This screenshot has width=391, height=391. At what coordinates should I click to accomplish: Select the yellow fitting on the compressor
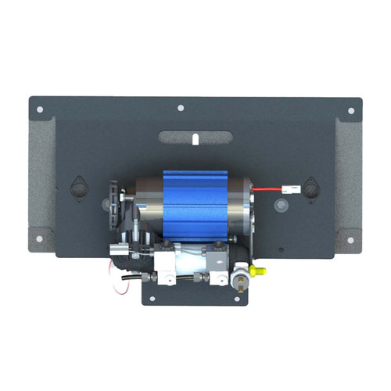point(260,271)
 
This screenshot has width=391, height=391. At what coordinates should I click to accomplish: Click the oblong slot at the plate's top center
point(195,138)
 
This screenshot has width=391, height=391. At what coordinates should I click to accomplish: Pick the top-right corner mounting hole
point(350,111)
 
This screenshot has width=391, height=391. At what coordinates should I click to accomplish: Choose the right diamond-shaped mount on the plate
point(311,188)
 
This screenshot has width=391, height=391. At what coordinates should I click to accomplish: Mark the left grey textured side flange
point(41,184)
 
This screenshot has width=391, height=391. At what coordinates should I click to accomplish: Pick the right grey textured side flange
point(349,184)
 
